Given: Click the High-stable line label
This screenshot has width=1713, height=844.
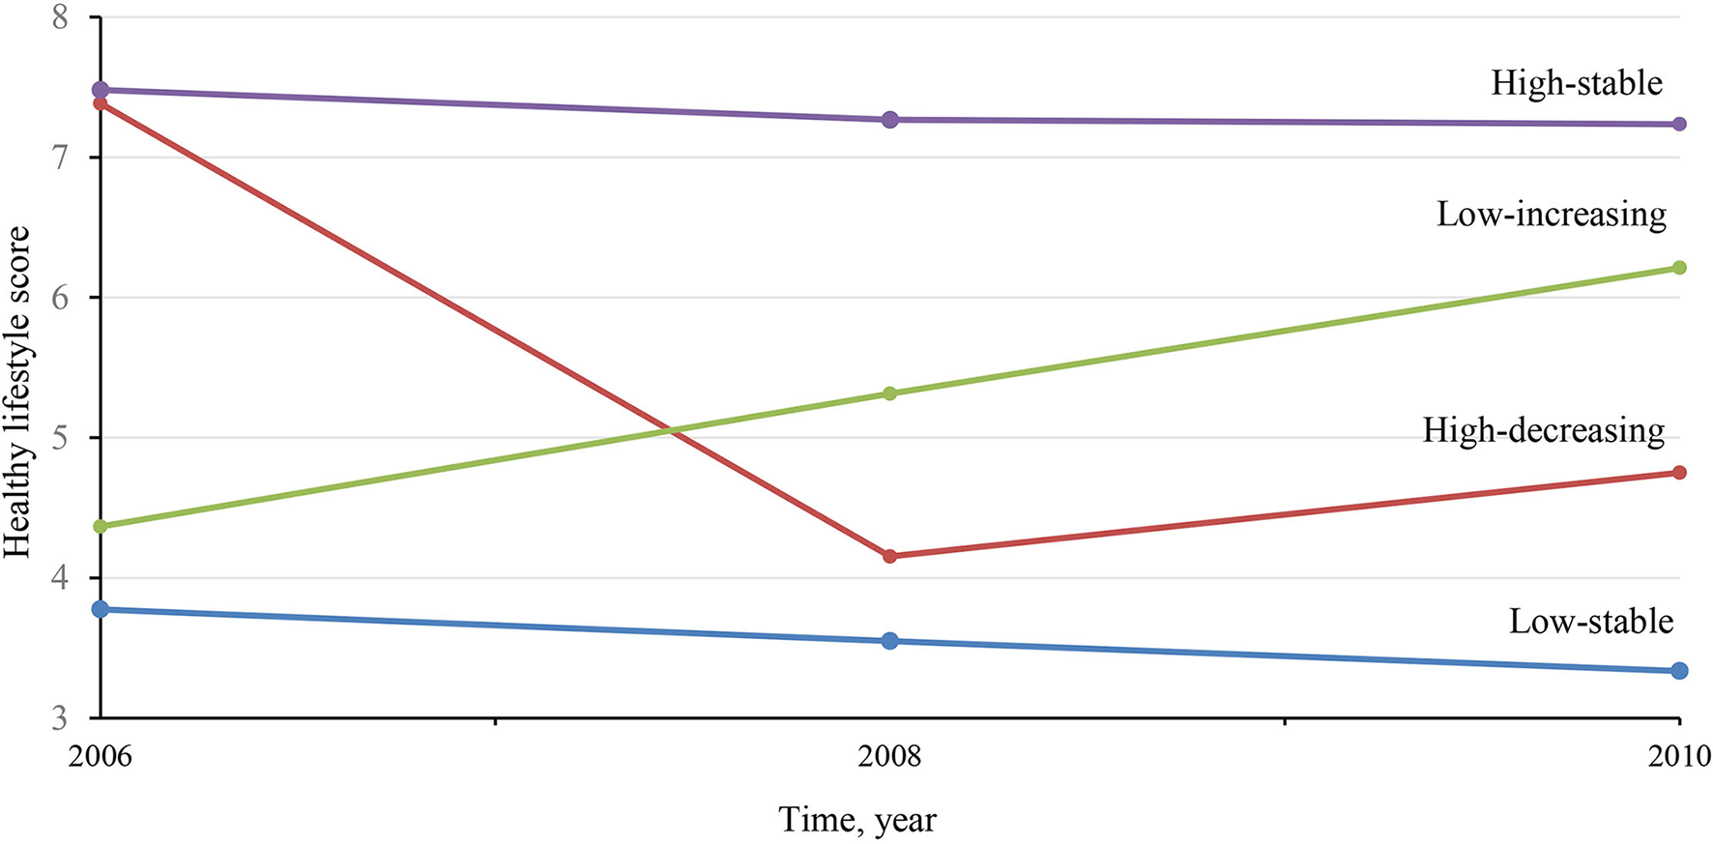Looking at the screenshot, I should click(x=1576, y=83).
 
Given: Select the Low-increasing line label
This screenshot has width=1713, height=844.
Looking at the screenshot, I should click(x=1551, y=214).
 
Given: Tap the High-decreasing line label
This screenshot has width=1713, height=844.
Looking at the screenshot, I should click(x=1543, y=429).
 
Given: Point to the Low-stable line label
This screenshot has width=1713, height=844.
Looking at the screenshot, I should click(x=1590, y=621).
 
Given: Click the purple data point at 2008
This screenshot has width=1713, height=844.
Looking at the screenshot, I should click(x=890, y=120).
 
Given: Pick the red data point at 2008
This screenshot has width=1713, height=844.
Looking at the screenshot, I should click(x=890, y=556).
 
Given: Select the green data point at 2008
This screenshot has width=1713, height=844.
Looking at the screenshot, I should click(x=890, y=393).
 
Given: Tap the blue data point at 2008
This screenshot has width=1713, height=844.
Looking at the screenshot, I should click(x=890, y=641).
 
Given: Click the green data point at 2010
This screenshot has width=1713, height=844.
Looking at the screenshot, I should click(x=1679, y=268).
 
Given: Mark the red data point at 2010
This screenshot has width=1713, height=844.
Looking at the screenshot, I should click(x=1679, y=473).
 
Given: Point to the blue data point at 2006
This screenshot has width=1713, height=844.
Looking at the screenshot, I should click(x=101, y=609).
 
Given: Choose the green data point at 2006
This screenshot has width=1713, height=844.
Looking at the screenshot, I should click(x=101, y=526).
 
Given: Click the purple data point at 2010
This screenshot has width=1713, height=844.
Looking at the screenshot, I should click(x=1679, y=124).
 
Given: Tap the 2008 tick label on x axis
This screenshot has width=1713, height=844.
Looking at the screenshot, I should click(x=889, y=755).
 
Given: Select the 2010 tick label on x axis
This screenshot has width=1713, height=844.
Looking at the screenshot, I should click(x=1679, y=755).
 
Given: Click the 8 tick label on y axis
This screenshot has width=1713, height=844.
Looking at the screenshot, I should click(x=60, y=17).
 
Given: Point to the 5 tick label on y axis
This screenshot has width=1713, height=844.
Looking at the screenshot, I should click(x=60, y=438).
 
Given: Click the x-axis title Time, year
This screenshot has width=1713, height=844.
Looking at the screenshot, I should click(x=857, y=820).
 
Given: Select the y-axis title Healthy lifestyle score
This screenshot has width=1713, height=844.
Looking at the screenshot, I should click(x=17, y=392).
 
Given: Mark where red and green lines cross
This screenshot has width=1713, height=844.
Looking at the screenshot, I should click(x=671, y=430).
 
